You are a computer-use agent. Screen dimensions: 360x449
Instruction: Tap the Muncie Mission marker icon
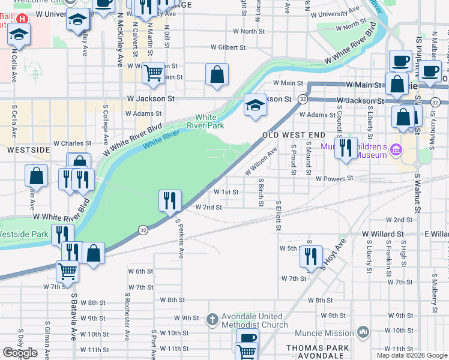point(363,332)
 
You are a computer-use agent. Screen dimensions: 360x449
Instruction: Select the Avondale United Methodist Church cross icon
point(212,320)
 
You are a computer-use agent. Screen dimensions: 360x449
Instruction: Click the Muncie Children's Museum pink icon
point(396,149)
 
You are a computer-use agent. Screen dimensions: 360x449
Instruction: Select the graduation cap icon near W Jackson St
point(255,105)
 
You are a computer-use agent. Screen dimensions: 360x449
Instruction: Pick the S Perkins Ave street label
point(179,238)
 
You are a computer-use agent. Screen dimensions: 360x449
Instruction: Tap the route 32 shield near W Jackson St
point(304,99)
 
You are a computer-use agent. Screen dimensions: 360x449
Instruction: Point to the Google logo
point(20,353)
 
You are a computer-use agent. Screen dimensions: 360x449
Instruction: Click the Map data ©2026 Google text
point(412,355)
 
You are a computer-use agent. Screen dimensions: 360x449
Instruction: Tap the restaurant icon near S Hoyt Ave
point(311,256)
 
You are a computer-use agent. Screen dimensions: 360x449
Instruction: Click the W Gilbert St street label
point(229,47)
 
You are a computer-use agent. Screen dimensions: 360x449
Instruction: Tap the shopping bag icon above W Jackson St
point(217,75)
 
